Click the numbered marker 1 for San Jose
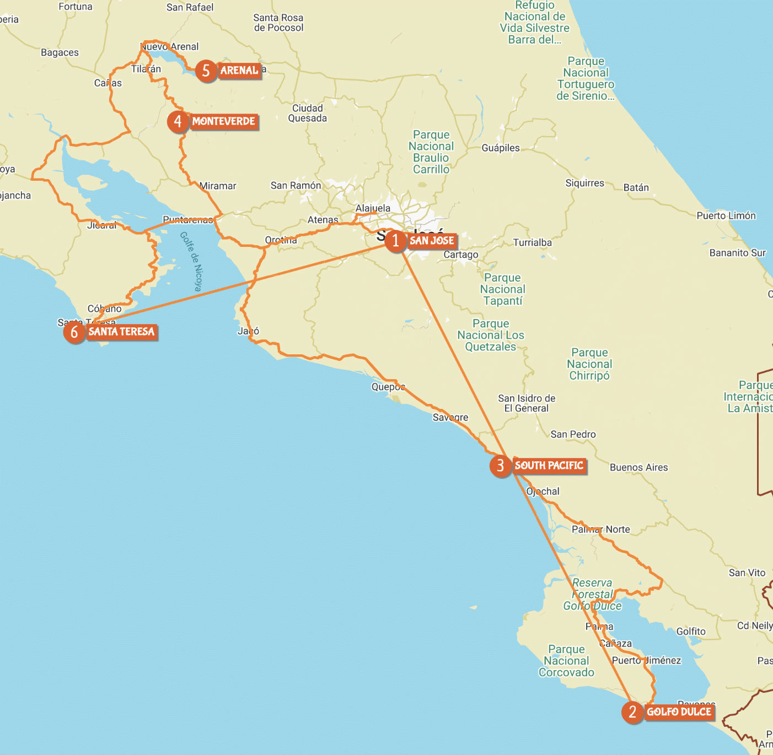[x=395, y=241]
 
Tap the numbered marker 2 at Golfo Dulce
[x=632, y=712]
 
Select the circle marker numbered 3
[x=500, y=466]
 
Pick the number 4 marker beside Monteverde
[x=178, y=121]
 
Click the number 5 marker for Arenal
[x=206, y=71]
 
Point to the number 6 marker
[x=74, y=332]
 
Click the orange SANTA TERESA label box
[x=121, y=332]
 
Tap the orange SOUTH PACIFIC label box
[x=549, y=466]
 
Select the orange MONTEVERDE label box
[x=223, y=121]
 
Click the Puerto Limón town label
[x=726, y=215]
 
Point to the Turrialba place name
[x=532, y=242]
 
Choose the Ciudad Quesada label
[x=307, y=113]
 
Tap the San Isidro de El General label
[x=527, y=403]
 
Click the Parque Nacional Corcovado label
[x=566, y=661]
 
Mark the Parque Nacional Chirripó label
[x=589, y=364]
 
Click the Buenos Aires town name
[x=638, y=467]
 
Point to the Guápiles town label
[x=500, y=148]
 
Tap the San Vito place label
[x=747, y=573]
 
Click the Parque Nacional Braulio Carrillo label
[x=431, y=152]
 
